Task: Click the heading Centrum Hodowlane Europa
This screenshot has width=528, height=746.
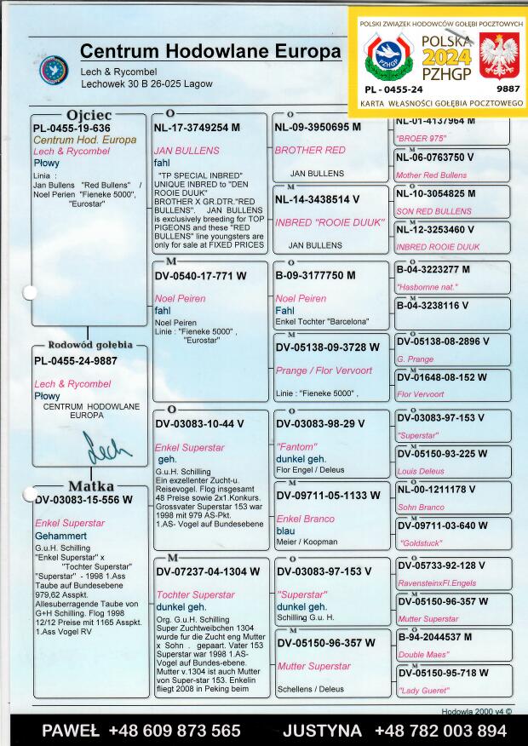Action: click(x=210, y=52)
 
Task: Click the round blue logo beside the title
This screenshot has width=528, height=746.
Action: click(x=54, y=70)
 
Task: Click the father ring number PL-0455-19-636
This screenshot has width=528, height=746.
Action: click(x=72, y=128)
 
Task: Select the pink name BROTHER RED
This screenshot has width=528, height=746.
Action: click(x=310, y=150)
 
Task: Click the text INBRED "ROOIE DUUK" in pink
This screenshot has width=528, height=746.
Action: click(x=316, y=222)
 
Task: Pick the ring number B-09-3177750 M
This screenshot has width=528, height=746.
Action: click(x=315, y=275)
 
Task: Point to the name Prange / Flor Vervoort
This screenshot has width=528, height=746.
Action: click(x=324, y=370)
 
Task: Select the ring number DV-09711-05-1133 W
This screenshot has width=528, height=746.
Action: click(x=328, y=495)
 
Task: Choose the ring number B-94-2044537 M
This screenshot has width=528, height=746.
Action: click(x=434, y=637)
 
